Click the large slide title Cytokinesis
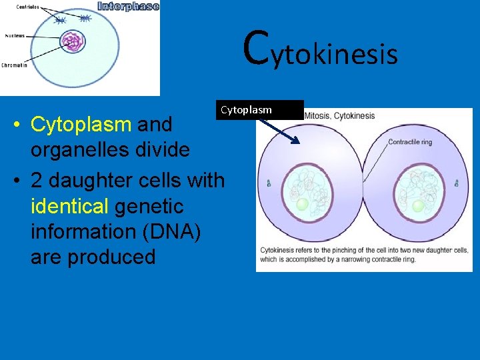click(321, 50)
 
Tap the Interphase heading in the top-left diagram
click(129, 7)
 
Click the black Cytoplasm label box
click(259, 109)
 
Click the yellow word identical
click(69, 206)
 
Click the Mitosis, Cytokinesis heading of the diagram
click(339, 116)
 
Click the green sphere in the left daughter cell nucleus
click(303, 205)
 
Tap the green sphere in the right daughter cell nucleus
click(419, 206)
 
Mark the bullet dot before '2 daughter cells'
click(21, 181)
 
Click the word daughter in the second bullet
click(91, 180)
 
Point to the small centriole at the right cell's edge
click(457, 183)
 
